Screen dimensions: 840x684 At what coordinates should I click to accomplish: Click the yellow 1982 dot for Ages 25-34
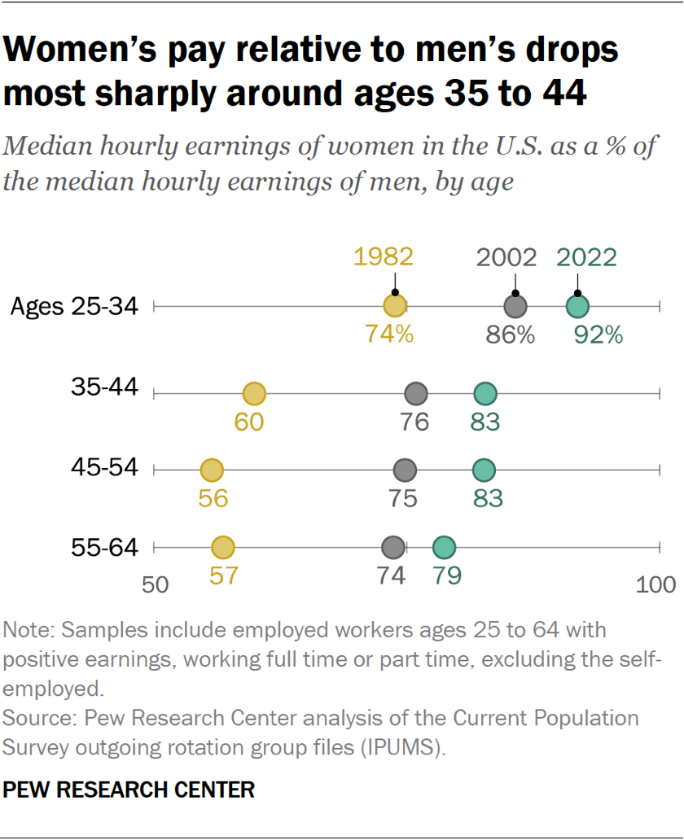pos(395,307)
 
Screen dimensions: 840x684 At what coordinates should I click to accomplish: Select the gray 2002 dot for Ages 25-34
pos(515,307)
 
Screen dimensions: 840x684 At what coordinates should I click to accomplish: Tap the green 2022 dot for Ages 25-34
pos(577,307)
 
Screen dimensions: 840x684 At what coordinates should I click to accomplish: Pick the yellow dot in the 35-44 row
pos(255,394)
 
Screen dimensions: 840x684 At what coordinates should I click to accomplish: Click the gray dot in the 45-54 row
pos(405,470)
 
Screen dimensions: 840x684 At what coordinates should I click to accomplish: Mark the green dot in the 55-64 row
pos(444,548)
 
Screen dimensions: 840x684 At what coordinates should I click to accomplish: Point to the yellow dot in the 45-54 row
pos(212,470)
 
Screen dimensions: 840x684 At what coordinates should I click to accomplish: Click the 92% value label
pos(598,335)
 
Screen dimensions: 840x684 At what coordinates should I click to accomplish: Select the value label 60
pos(249,422)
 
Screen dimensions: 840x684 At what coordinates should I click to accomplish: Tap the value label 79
pos(447,575)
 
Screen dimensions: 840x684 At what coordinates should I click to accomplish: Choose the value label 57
pos(223,575)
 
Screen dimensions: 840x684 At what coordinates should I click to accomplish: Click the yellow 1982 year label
pos(384,257)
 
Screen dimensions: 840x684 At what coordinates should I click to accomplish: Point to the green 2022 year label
pos(586,257)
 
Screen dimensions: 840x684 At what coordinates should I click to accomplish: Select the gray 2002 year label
pos(506,257)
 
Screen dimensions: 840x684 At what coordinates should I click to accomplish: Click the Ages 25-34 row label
pos(75,307)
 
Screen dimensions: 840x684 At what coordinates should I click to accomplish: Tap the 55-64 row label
pos(104,548)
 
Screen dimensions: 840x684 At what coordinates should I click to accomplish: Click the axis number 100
pos(655,584)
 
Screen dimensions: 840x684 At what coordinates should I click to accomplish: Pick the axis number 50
pos(155,584)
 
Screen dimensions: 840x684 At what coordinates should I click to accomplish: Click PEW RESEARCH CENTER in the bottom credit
pos(129,789)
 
